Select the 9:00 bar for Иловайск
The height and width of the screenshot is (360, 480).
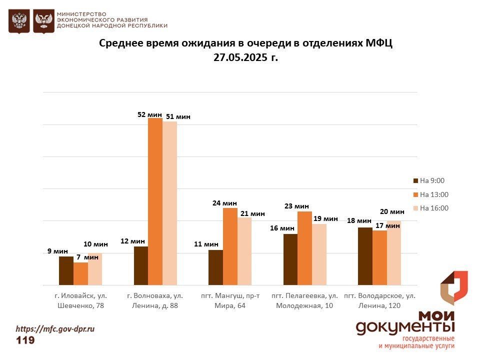66,270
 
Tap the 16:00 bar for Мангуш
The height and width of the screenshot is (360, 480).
244,251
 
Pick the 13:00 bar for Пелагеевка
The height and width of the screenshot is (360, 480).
304,248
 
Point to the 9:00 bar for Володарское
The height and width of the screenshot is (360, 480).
365,256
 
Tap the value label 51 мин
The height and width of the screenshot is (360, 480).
178,117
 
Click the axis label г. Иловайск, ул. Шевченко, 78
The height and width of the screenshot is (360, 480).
81,300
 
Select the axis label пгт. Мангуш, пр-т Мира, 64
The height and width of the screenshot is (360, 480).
230,300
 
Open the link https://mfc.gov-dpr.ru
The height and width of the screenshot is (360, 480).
55,329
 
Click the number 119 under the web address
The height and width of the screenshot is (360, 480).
25,340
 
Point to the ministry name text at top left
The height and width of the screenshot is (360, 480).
112,20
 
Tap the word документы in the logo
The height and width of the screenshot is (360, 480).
405,328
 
